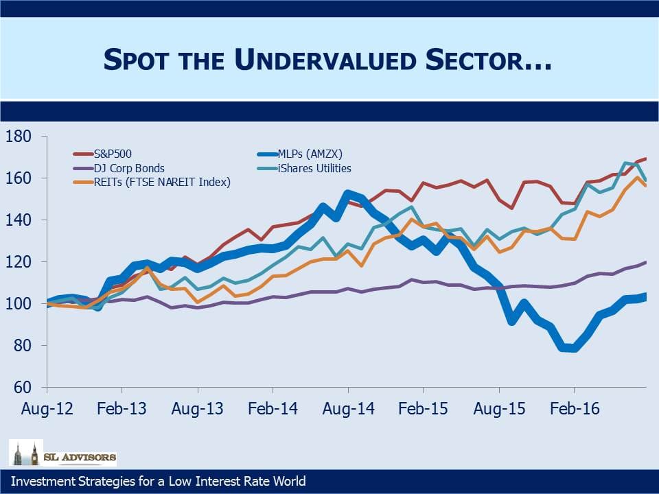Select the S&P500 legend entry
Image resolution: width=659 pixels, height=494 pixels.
tap(102, 154)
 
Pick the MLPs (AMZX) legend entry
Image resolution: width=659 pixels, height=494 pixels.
tap(300, 154)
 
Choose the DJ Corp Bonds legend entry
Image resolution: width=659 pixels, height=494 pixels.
tap(119, 169)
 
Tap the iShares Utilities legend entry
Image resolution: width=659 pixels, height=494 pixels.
tap(304, 169)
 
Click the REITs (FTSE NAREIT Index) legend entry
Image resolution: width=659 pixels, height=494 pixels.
tap(152, 183)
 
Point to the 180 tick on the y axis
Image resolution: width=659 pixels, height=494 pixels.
tap(18, 136)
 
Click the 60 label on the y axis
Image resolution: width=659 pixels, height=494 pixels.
tap(22, 387)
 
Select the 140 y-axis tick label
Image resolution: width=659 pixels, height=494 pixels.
tap(18, 220)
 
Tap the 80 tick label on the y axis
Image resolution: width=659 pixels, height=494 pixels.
tap(22, 345)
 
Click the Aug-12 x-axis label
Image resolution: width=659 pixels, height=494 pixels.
tap(47, 409)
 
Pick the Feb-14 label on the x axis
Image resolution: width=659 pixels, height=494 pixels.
tap(273, 409)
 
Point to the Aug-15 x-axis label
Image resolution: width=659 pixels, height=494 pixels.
tap(499, 409)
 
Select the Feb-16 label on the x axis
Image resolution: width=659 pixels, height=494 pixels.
tap(575, 409)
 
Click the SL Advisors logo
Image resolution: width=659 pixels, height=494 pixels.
tap(62, 453)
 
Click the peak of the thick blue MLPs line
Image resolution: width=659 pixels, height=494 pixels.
tap(348, 193)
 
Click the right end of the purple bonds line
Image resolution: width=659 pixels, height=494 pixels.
tap(646, 262)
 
